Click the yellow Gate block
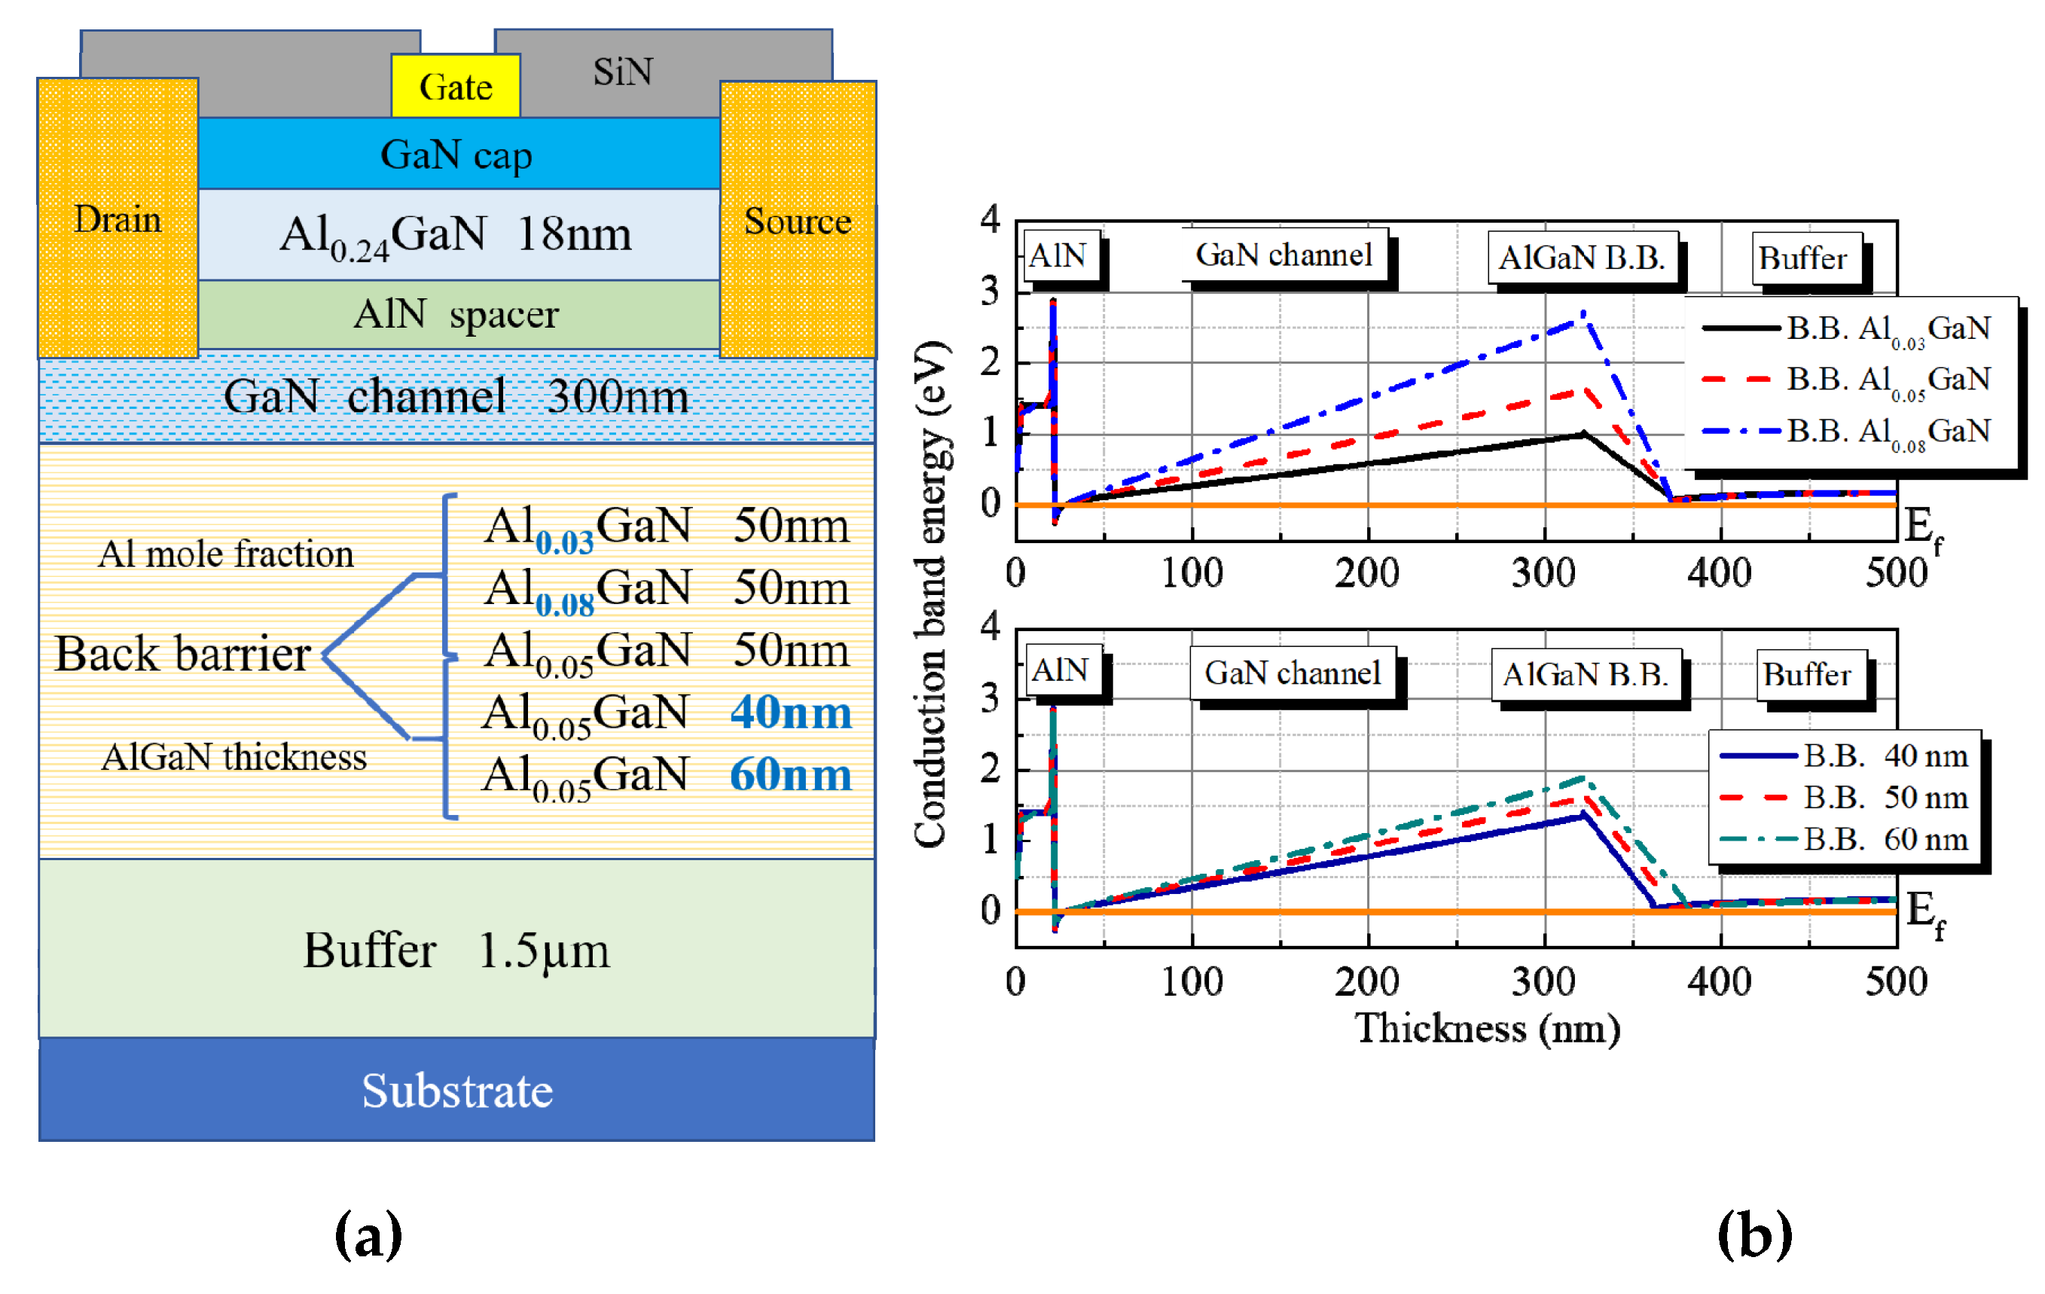click(455, 86)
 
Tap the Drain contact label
click(118, 219)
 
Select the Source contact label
click(797, 221)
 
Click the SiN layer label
click(622, 72)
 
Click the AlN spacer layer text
click(456, 314)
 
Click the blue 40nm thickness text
click(790, 712)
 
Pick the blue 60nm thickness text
click(790, 774)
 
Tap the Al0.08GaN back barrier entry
click(588, 588)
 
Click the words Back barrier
click(182, 654)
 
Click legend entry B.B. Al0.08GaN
click(1887, 432)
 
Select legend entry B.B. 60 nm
click(1885, 839)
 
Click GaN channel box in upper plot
click(1283, 254)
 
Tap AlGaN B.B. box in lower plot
click(1585, 674)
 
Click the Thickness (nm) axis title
click(1487, 1028)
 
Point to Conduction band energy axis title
click(931, 594)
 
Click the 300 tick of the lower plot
click(1543, 981)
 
